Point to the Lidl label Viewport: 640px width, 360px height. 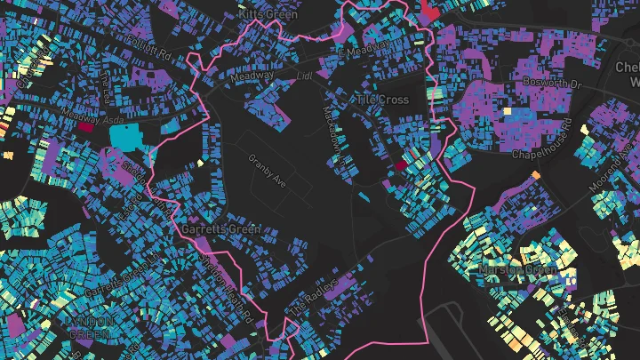pos(306,76)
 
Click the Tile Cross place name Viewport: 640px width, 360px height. pos(383,100)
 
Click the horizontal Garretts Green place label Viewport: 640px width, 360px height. pos(220,229)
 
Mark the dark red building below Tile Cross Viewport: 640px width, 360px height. pos(400,164)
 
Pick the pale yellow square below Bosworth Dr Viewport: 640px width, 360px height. pos(508,112)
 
